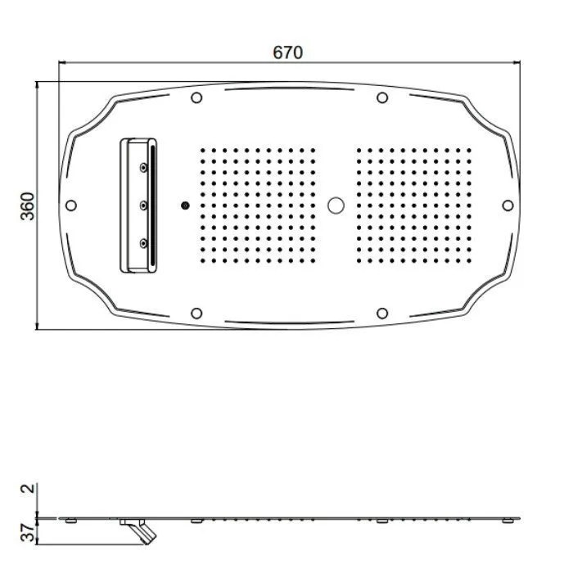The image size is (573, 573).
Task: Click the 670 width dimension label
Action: [x=288, y=52]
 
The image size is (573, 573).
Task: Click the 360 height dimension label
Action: [x=28, y=206]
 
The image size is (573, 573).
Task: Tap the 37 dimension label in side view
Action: [x=28, y=532]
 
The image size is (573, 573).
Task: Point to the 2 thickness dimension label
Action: [x=29, y=488]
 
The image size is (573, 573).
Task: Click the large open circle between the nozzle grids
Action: [x=336, y=205]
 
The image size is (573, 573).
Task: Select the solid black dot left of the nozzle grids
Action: [x=185, y=205]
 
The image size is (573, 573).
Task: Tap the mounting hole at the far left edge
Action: [x=71, y=205]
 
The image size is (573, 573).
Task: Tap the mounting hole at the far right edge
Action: [x=508, y=205]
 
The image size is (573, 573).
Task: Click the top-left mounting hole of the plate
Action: [x=196, y=97]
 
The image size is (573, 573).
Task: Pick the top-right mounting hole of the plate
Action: [x=382, y=97]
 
